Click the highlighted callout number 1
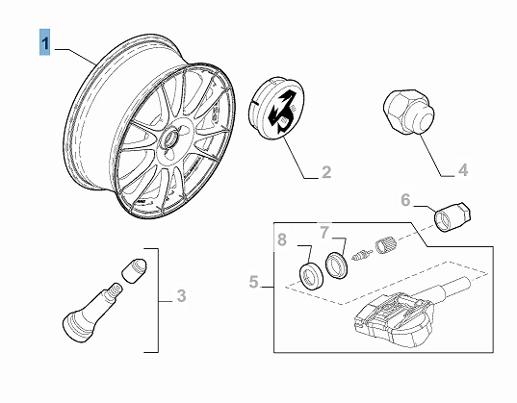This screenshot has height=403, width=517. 45,42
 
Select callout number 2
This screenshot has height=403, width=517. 325,172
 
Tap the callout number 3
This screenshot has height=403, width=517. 181,295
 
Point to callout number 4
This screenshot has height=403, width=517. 463,170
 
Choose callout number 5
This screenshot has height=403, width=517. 253,282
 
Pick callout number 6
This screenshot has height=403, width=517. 405,200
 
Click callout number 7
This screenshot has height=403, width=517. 324,233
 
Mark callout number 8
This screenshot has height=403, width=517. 282,239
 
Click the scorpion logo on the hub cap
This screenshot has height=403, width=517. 283,111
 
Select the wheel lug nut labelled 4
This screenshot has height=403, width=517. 408,112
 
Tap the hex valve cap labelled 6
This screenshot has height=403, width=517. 452,217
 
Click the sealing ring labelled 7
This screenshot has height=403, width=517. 336,264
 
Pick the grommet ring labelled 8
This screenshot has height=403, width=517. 311,276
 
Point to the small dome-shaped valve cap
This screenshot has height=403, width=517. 134,270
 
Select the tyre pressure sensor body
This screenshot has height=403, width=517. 393,319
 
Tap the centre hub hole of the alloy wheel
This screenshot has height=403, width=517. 170,139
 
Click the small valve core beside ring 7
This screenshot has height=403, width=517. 362,255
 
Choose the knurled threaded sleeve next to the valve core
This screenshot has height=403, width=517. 385,245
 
